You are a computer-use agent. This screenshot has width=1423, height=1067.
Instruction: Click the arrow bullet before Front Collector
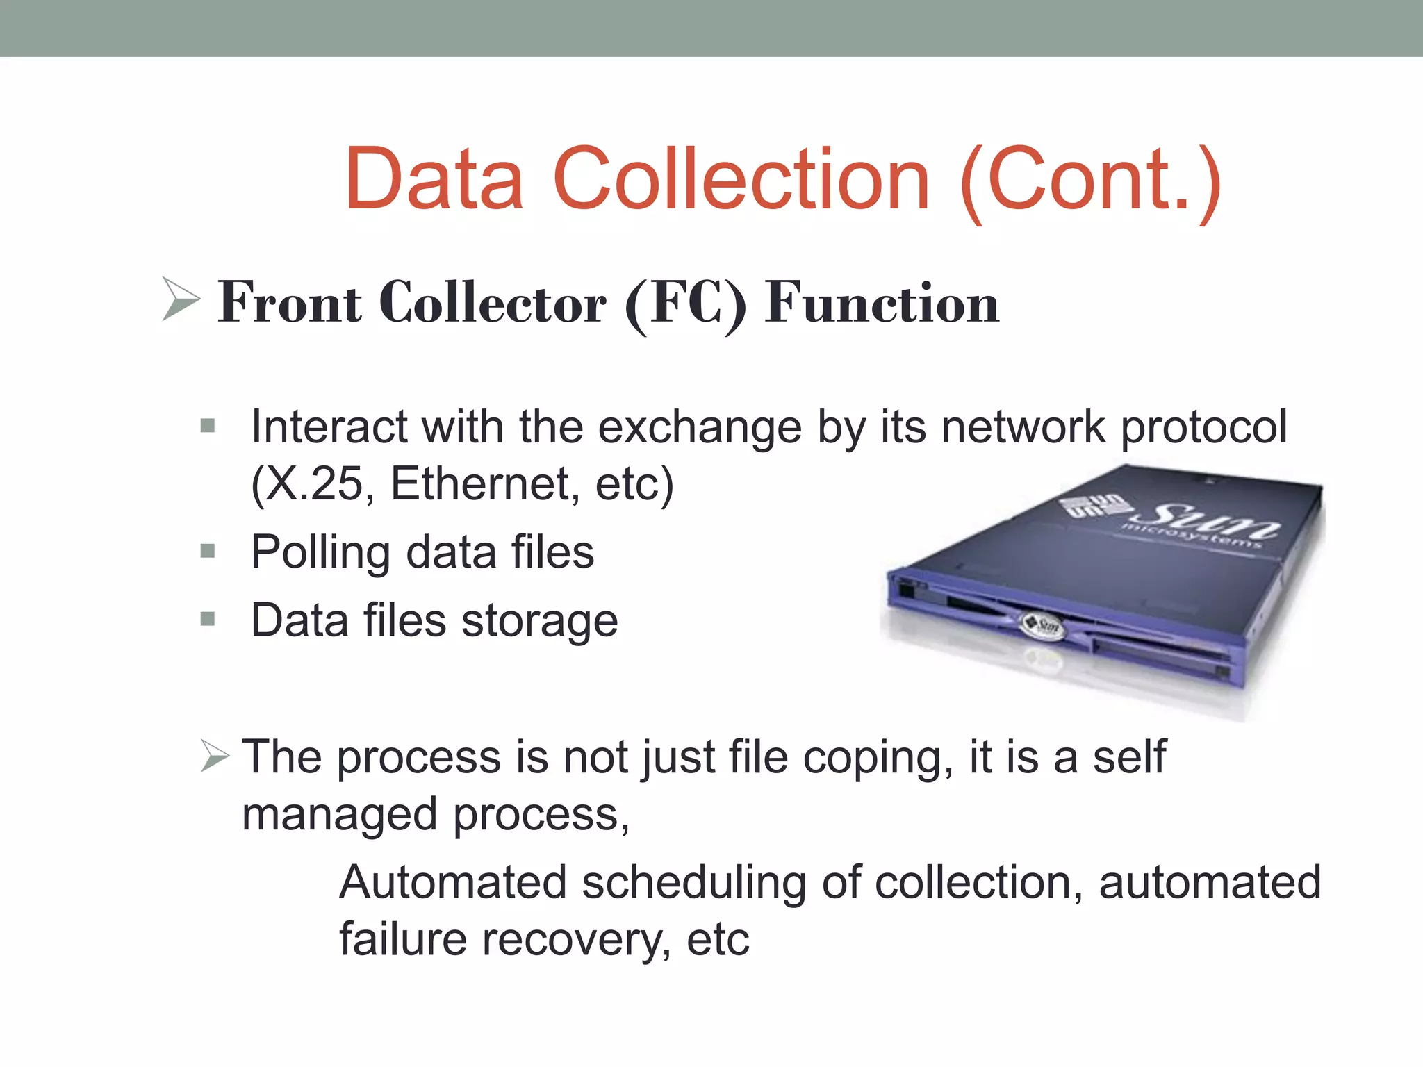point(180,299)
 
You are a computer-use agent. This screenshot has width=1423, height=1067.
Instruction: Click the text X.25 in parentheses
point(313,483)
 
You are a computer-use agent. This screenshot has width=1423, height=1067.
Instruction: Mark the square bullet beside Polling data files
point(207,552)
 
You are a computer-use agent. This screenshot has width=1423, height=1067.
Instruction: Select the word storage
point(539,622)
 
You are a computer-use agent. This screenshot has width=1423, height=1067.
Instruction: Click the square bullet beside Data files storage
point(207,619)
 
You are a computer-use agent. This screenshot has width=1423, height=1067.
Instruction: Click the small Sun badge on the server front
point(1041,625)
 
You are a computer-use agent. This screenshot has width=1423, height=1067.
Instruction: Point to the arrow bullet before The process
point(214,756)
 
